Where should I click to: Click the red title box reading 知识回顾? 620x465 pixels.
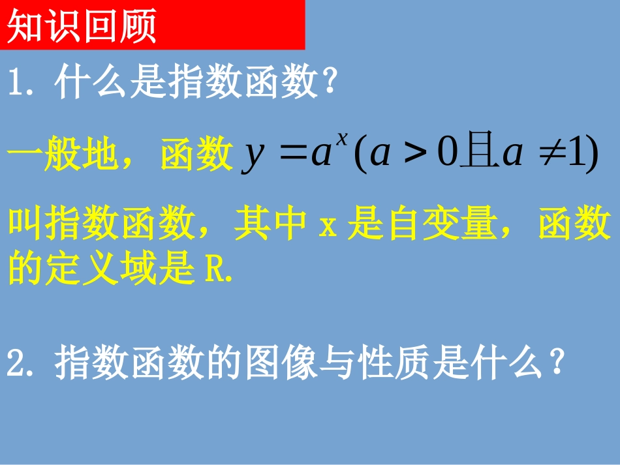click(x=153, y=25)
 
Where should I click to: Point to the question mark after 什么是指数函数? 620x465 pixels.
click(x=329, y=85)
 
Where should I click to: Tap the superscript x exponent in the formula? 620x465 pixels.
click(x=341, y=138)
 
